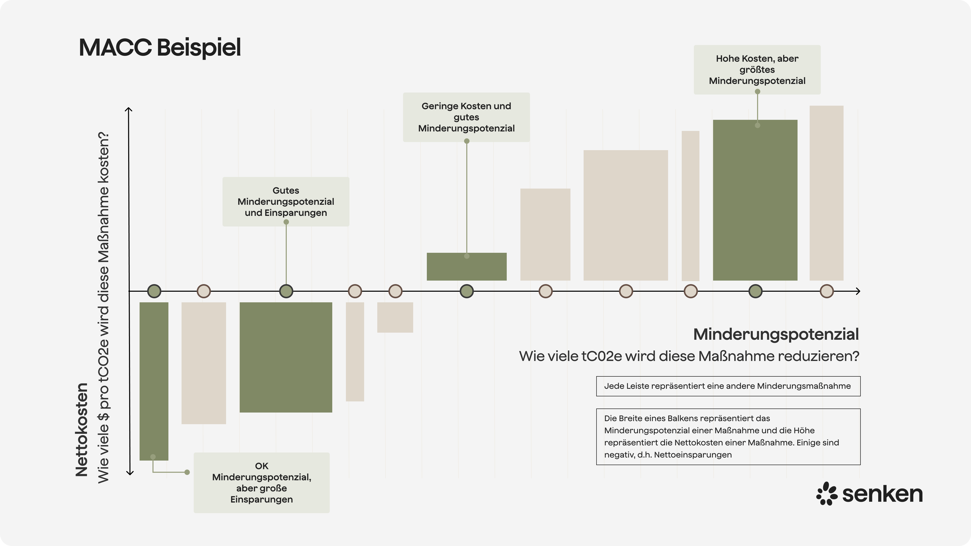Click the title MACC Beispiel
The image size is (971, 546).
[x=160, y=48]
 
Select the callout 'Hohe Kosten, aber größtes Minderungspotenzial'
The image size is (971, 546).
[x=757, y=70]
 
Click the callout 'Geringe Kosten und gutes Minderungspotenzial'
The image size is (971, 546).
[x=466, y=117]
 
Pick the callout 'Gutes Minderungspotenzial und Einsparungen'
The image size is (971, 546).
[x=286, y=202]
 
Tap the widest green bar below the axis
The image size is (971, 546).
[x=286, y=357]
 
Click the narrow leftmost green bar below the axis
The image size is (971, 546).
[x=154, y=381]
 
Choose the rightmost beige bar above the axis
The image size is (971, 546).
[x=826, y=193]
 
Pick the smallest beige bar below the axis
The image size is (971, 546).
[x=395, y=317]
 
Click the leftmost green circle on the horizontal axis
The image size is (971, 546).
[x=154, y=291]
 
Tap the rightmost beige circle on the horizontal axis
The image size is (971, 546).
[x=827, y=291]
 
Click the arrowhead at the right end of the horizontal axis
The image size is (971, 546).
[x=858, y=291]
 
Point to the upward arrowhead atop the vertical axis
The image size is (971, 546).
[x=128, y=110]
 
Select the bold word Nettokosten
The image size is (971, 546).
[x=81, y=429]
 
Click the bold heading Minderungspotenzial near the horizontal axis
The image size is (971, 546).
[x=776, y=334]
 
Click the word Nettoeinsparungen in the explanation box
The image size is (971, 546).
[x=693, y=455]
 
